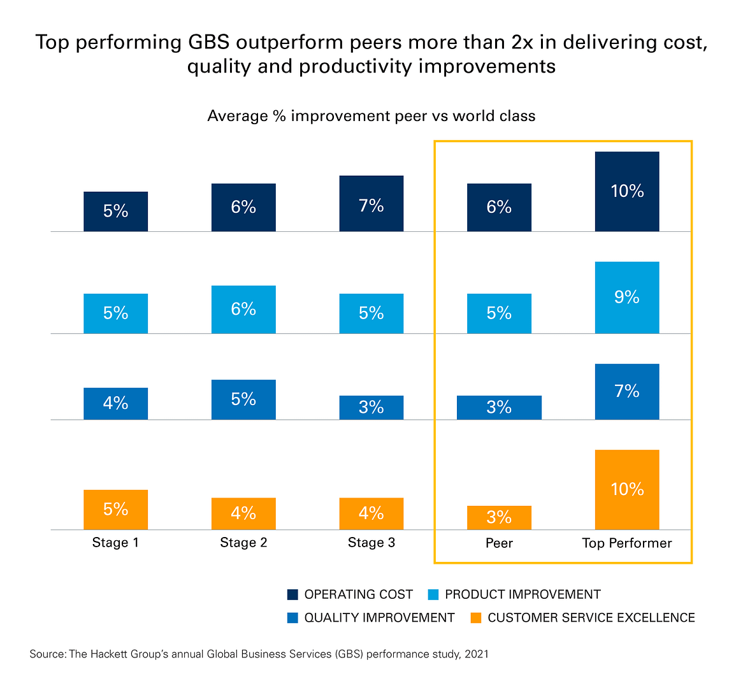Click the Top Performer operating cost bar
click(x=626, y=191)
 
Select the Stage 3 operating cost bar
click(x=371, y=203)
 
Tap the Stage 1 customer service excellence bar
click(x=115, y=510)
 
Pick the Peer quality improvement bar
click(x=499, y=408)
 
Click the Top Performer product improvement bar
click(x=626, y=297)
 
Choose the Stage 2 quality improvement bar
click(x=243, y=399)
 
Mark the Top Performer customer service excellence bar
click(x=626, y=489)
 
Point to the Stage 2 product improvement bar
click(x=243, y=310)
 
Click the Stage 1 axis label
click(x=115, y=543)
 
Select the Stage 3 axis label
click(x=371, y=543)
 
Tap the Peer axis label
click(x=499, y=543)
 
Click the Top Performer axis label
click(x=626, y=543)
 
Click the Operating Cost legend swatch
click(x=292, y=594)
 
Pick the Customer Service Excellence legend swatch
click(x=475, y=617)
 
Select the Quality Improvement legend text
click(x=379, y=617)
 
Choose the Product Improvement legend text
click(x=523, y=594)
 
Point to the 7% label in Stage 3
click(x=371, y=206)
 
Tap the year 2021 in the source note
click(x=476, y=654)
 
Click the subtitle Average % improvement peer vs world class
click(x=371, y=116)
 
